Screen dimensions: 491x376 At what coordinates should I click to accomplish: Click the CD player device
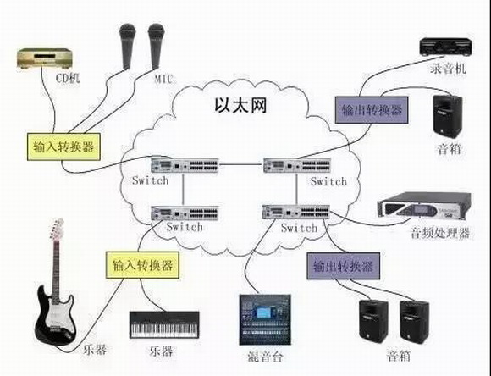click(44, 58)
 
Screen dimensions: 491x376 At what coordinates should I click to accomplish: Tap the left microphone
click(127, 47)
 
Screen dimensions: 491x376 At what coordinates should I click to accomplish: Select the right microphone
click(157, 47)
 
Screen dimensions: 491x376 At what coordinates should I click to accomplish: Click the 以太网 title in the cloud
click(240, 105)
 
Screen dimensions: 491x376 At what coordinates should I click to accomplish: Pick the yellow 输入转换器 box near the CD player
click(63, 147)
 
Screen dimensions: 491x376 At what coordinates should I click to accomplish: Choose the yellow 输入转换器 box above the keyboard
click(142, 265)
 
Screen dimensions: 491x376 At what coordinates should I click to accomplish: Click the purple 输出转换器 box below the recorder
click(372, 110)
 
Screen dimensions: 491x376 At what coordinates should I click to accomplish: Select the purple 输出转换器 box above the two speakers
click(344, 266)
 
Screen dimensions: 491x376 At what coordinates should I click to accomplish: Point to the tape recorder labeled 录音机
click(446, 47)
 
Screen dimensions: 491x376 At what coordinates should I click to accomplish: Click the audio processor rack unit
click(424, 205)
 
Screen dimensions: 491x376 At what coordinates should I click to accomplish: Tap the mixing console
click(265, 319)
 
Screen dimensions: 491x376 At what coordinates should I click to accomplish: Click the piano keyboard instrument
click(164, 325)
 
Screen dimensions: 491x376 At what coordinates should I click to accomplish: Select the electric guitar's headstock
click(57, 229)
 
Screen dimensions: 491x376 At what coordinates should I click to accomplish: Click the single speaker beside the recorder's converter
click(448, 116)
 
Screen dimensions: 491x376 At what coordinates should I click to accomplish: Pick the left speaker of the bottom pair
click(373, 321)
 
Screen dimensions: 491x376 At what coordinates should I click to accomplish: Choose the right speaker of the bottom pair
click(414, 321)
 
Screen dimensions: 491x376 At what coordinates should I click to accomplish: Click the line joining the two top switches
click(241, 164)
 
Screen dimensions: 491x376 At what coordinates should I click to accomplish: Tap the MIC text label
click(163, 79)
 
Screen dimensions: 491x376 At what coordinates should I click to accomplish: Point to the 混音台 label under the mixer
click(265, 357)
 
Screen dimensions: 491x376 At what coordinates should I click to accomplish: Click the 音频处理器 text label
click(440, 233)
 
